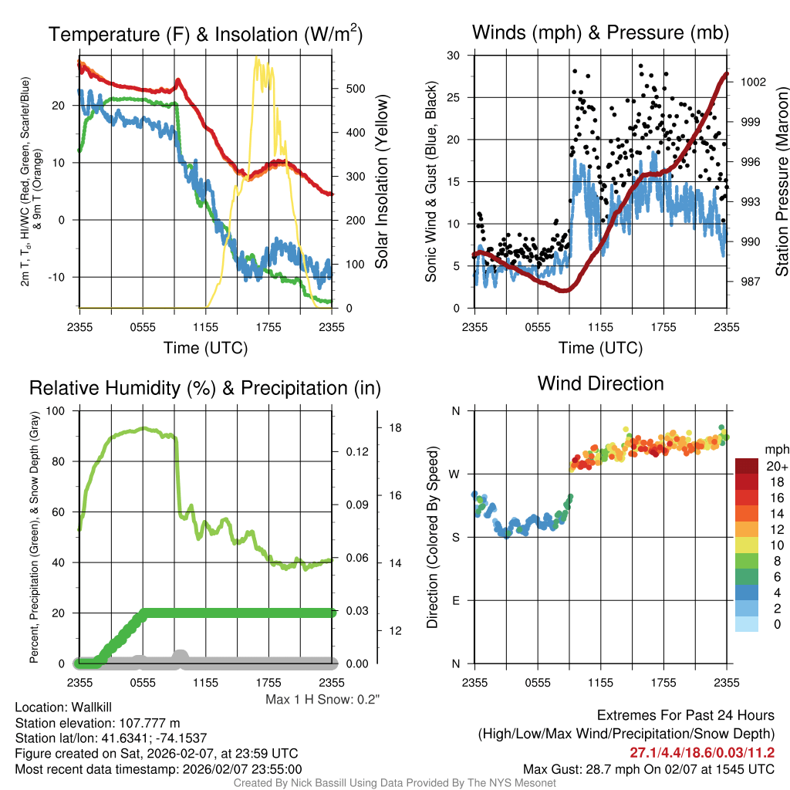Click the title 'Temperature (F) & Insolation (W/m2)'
pyautogui.click(x=206, y=34)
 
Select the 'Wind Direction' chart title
pyautogui.click(x=600, y=383)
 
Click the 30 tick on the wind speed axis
pyautogui.click(x=454, y=56)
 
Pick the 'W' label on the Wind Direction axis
pyautogui.click(x=455, y=474)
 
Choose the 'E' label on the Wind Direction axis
pyautogui.click(x=455, y=600)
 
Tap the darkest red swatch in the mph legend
pyautogui.click(x=747, y=466)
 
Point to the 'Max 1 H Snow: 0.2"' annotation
pyautogui.click(x=323, y=700)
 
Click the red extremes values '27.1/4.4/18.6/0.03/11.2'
pyautogui.click(x=702, y=752)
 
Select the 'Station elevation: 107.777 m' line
pyautogui.click(x=97, y=723)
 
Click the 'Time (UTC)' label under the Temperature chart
pyautogui.click(x=205, y=348)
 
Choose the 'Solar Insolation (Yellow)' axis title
pyautogui.click(x=381, y=181)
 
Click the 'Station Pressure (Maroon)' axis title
pyautogui.click(x=782, y=181)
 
